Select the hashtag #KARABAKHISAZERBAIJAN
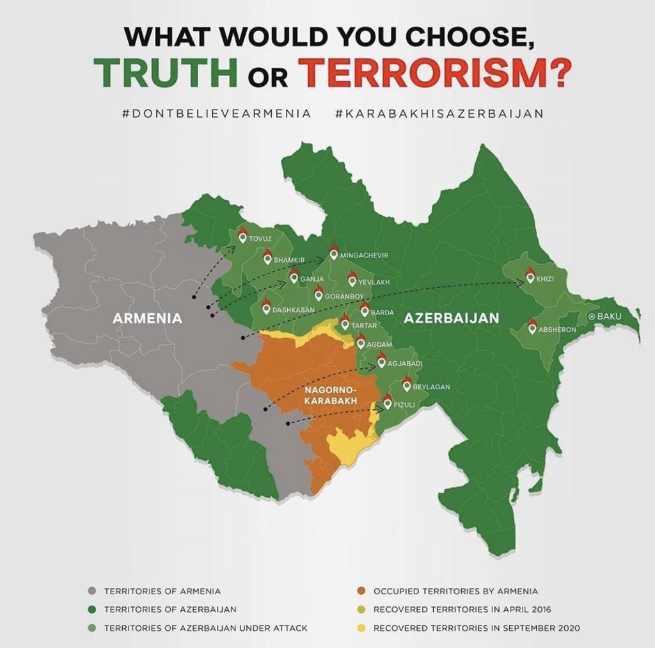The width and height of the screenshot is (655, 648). click(439, 113)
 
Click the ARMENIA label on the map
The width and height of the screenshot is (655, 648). click(147, 318)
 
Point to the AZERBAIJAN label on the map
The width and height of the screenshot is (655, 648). click(452, 318)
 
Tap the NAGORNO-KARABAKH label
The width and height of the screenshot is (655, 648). click(330, 395)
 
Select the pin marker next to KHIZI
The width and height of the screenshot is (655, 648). click(530, 277)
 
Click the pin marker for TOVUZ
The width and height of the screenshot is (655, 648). click(242, 236)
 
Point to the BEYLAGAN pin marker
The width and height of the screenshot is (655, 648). click(407, 385)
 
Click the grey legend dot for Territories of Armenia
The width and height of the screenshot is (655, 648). click(92, 591)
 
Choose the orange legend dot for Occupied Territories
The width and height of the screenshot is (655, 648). click(361, 591)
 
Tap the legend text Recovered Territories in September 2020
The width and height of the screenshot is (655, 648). click(477, 628)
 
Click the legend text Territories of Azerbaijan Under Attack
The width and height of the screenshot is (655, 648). click(205, 628)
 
